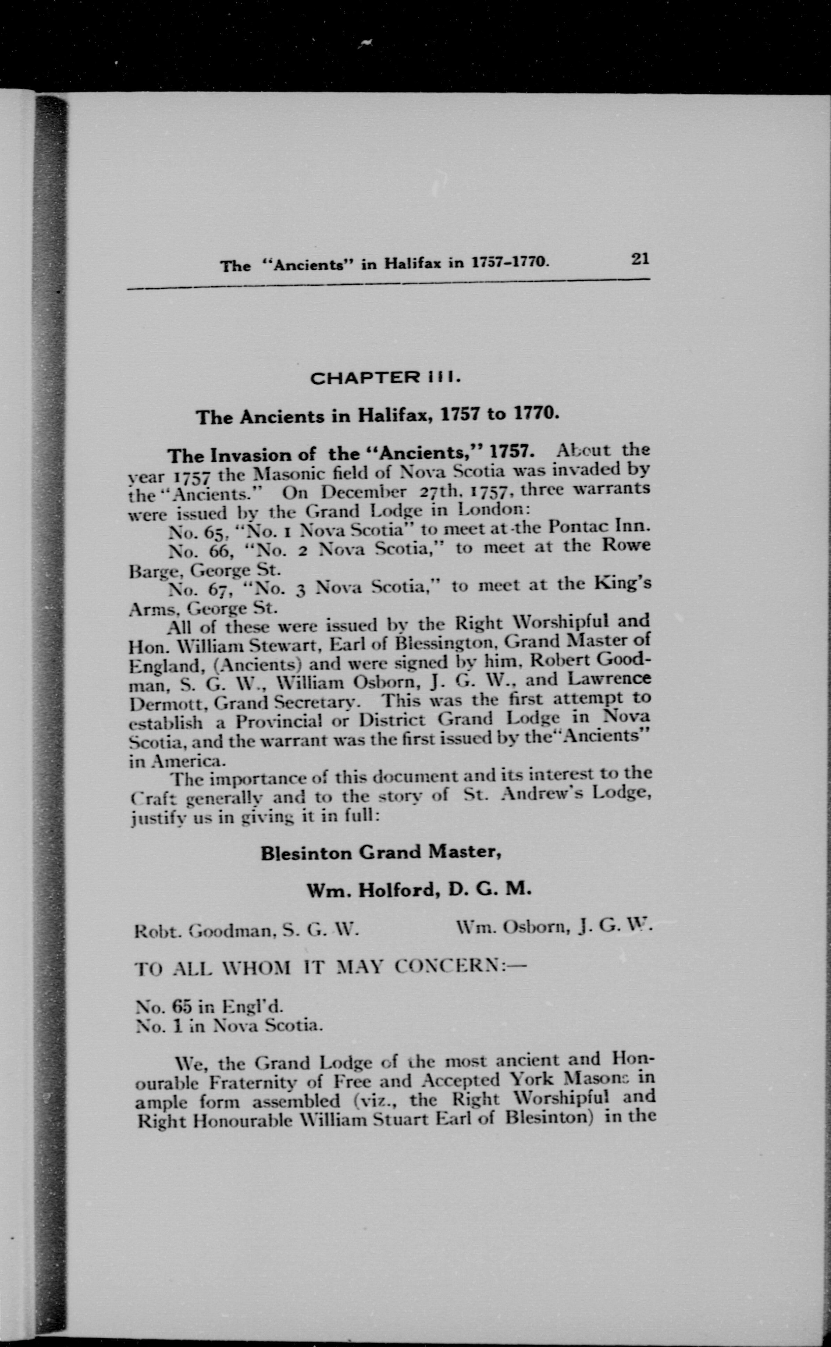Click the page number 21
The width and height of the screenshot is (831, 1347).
pyautogui.click(x=640, y=258)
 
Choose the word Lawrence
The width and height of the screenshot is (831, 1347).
pyautogui.click(x=610, y=679)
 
